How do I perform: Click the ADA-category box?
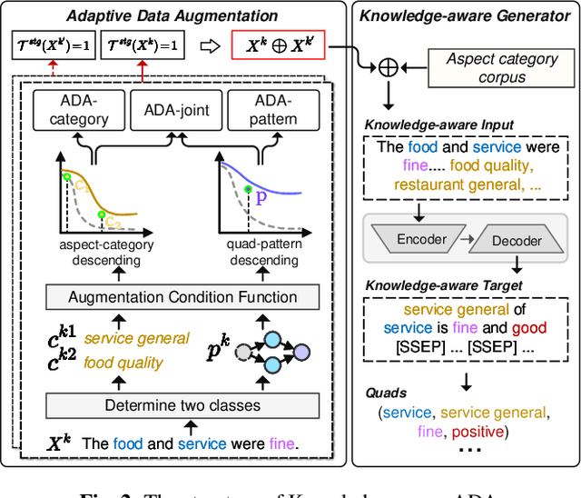[78, 111]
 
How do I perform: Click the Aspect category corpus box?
[502, 68]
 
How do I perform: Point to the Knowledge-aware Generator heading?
[465, 15]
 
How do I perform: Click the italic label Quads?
[386, 393]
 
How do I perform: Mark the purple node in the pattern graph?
[301, 351]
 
